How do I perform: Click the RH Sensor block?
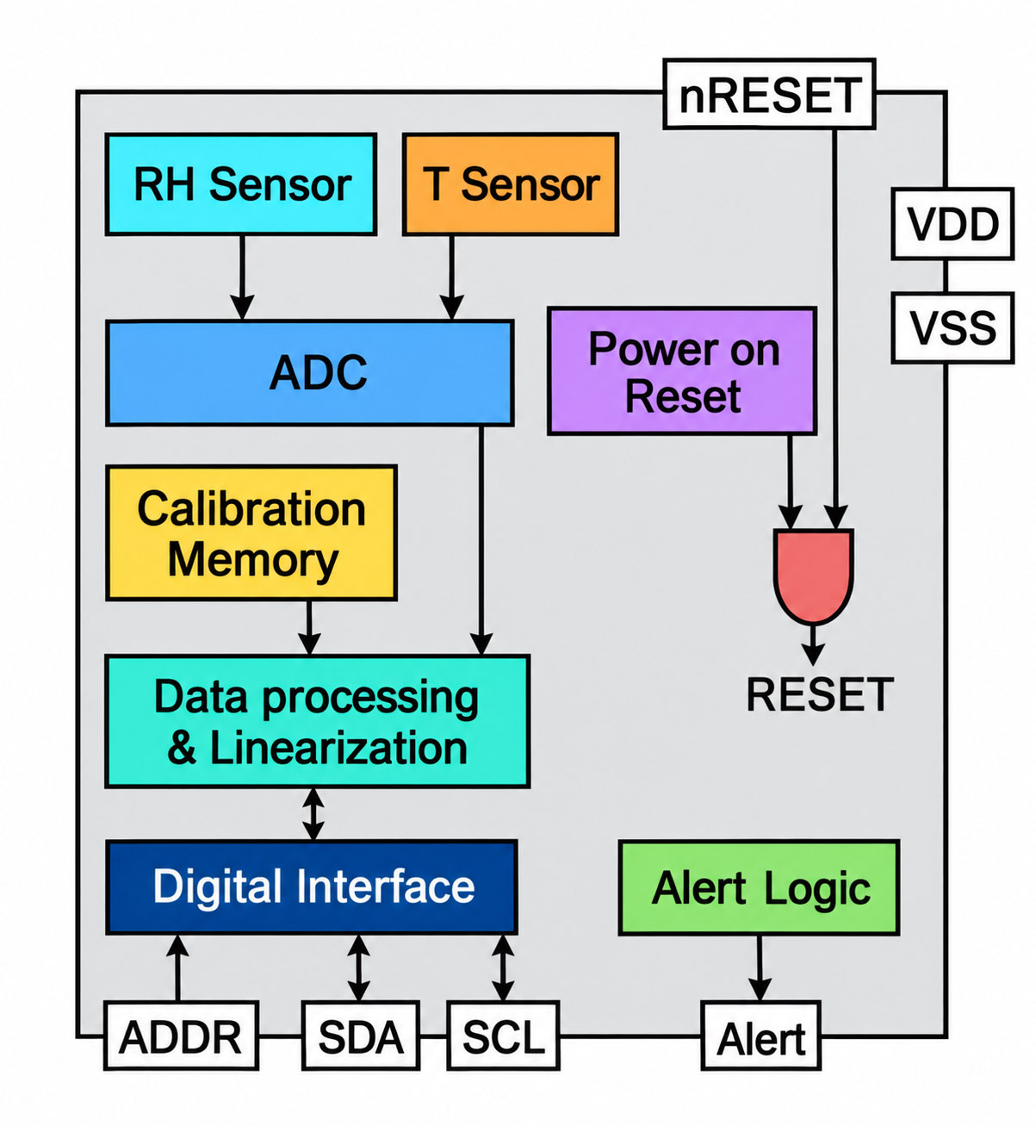(241, 184)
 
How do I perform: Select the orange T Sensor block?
(511, 184)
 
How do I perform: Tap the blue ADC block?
(310, 373)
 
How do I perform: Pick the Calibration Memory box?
(251, 533)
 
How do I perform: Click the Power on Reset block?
(682, 371)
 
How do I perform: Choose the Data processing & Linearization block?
(317, 721)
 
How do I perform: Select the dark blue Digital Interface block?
(312, 886)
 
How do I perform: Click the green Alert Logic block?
(759, 887)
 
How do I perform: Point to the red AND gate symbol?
(813, 575)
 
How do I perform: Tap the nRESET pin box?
(769, 94)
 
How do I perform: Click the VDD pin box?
(953, 224)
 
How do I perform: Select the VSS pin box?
(953, 328)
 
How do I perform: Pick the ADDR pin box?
(181, 1036)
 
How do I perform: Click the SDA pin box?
(360, 1036)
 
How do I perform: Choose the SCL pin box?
(504, 1036)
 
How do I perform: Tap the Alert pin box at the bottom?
(760, 1036)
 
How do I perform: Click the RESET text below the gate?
(819, 694)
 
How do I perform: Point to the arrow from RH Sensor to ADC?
(242, 277)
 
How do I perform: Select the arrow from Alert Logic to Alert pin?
(760, 967)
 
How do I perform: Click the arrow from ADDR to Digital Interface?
(178, 967)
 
